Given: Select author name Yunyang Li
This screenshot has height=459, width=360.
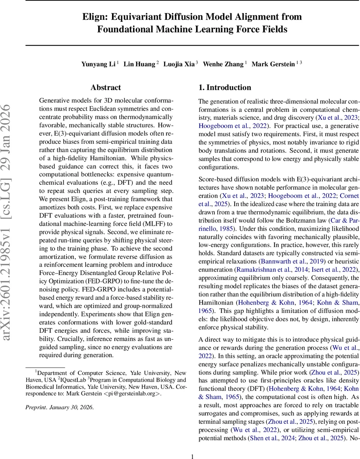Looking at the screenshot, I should (98, 64).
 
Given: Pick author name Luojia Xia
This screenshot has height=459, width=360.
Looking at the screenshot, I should (178, 64).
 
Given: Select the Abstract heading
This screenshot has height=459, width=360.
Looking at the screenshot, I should (106, 88).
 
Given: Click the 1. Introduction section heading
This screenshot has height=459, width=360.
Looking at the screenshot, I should (225, 88).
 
